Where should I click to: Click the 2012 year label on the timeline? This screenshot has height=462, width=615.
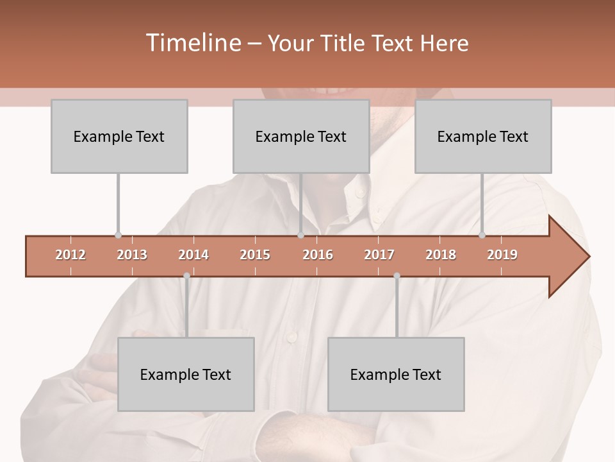pos(70,255)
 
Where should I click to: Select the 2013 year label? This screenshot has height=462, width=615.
pos(132,255)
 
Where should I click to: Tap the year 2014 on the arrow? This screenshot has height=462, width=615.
pos(193,255)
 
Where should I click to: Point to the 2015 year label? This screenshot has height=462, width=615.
pos(255,255)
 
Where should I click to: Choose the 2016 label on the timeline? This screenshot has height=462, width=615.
pos(318,255)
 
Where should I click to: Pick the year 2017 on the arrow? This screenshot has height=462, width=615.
pos(379,255)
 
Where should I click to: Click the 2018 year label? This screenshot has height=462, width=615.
pos(441,255)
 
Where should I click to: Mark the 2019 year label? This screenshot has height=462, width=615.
pos(502,255)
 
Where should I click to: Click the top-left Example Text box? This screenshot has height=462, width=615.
pos(119,136)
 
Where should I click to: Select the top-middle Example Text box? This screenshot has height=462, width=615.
pos(301,136)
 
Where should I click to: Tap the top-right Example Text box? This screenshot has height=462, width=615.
pos(483,136)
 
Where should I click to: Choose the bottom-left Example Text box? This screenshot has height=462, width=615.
pos(186,374)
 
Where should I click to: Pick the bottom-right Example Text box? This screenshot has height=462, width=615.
pos(396,374)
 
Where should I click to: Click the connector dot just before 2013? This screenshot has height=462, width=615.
pos(118,235)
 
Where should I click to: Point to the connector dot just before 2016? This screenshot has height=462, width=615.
pos(300,235)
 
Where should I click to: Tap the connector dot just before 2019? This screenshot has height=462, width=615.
pos(482,235)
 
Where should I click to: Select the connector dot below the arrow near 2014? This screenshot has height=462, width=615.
pos(186,276)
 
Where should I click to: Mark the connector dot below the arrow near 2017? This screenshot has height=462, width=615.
pos(397,276)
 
